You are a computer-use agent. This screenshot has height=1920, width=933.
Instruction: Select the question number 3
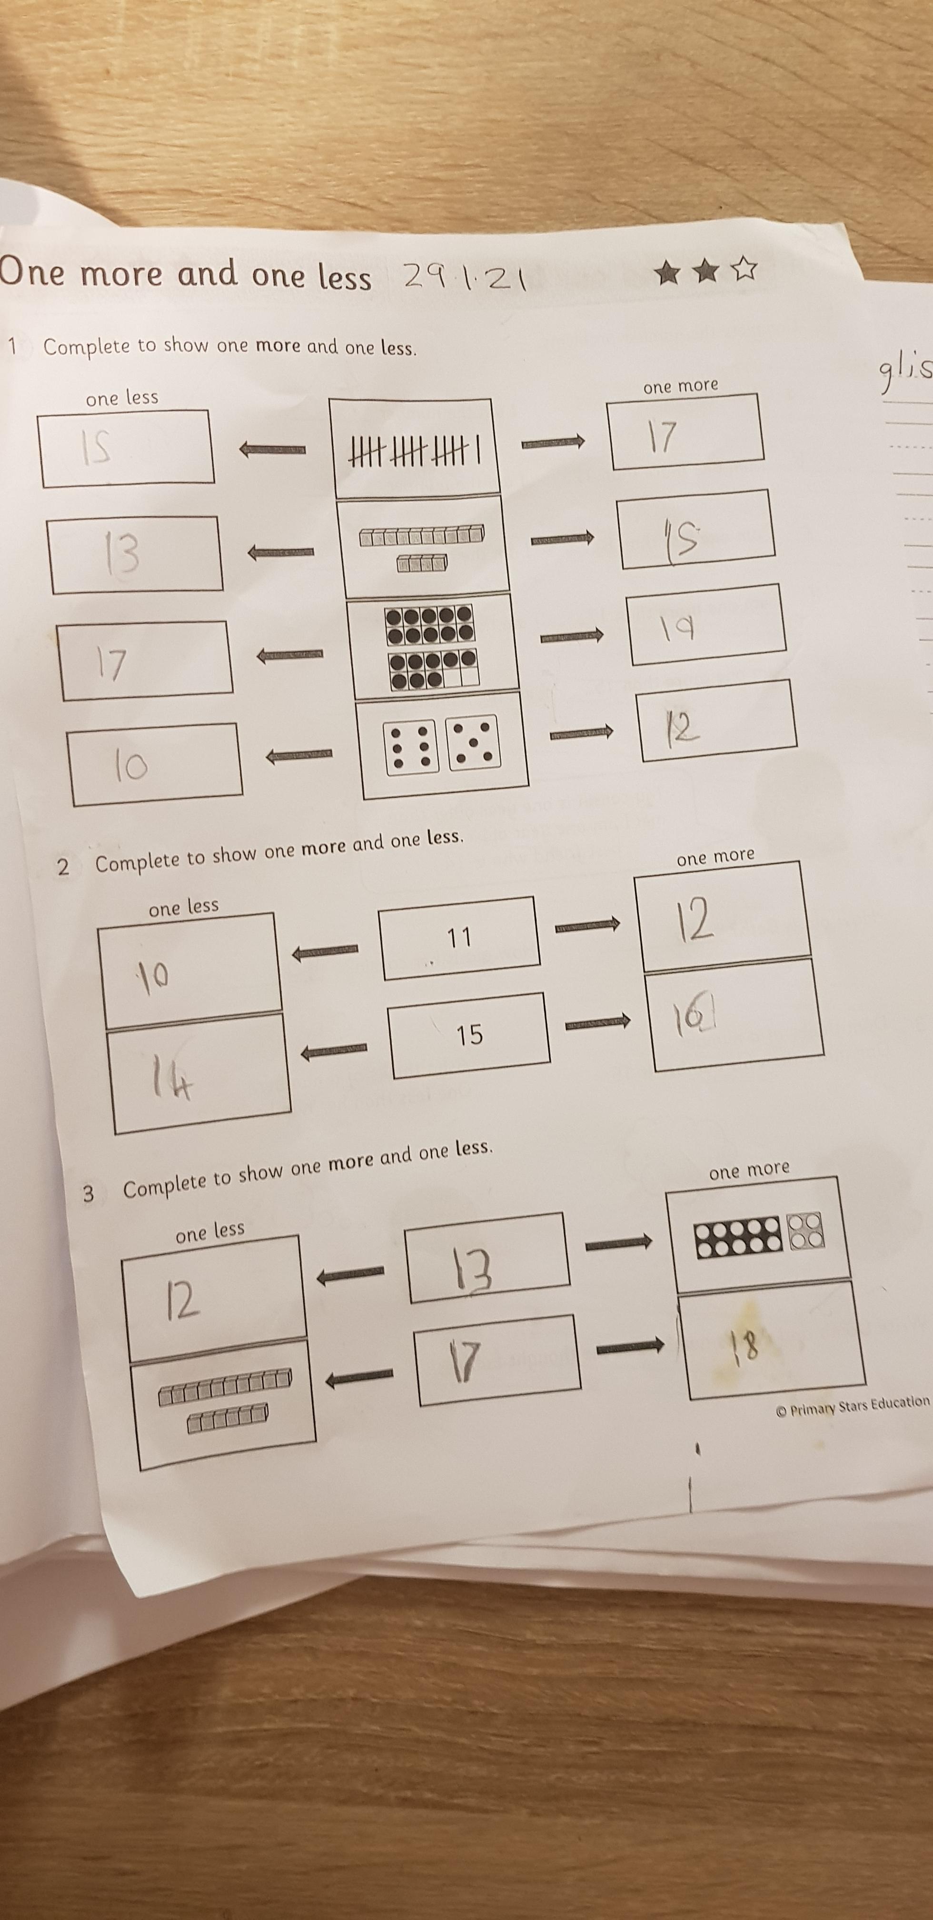[x=88, y=1194]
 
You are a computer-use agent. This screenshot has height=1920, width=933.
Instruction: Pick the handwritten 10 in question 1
[x=131, y=765]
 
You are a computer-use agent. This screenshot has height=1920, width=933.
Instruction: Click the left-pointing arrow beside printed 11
[x=325, y=951]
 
